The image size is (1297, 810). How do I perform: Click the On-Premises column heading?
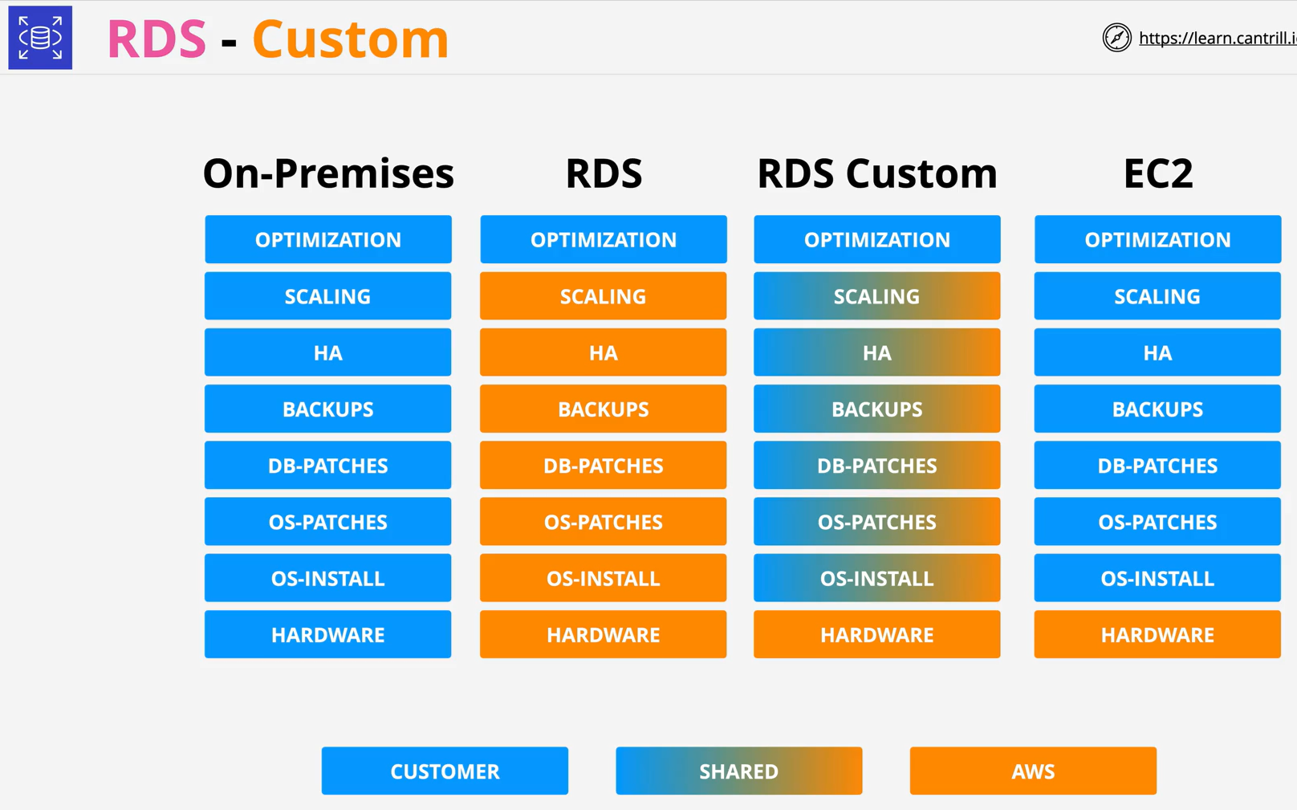[x=328, y=173]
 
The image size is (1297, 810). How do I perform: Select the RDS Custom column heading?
[x=877, y=173]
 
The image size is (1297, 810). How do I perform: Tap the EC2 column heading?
[x=1158, y=173]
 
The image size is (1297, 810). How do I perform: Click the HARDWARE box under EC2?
[x=1157, y=634]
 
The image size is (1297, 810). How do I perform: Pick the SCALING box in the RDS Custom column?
[x=876, y=296]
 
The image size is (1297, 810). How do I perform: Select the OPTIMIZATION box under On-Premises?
[x=328, y=239]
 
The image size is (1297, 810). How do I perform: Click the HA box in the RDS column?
[x=603, y=352]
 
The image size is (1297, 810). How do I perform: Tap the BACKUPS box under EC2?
[x=1157, y=409]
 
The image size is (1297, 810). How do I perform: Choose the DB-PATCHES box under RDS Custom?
[x=876, y=465]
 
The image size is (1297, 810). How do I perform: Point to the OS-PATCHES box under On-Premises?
[x=327, y=521]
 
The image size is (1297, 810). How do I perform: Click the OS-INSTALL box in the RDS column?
[x=603, y=578]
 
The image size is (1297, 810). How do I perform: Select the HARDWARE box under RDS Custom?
[x=876, y=634]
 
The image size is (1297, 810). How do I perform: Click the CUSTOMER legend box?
[x=445, y=771]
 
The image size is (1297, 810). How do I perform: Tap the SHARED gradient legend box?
[x=739, y=771]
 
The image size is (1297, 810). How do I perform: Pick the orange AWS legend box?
[x=1033, y=771]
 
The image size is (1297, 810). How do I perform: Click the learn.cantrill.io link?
[x=1218, y=39]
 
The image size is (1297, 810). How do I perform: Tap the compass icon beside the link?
[x=1117, y=38]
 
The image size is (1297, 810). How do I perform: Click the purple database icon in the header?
[x=40, y=38]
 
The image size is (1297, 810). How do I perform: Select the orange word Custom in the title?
[x=350, y=39]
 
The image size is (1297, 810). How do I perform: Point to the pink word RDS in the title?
[x=157, y=39]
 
